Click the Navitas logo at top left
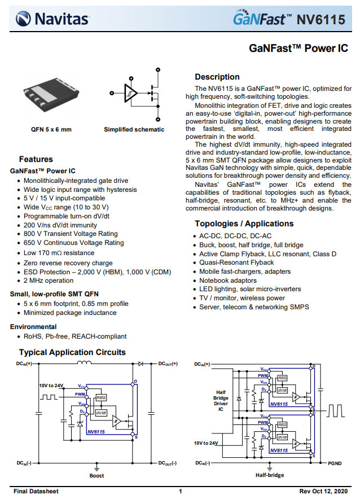(x=52, y=19)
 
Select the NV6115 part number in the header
(x=321, y=20)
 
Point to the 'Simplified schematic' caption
(x=134, y=129)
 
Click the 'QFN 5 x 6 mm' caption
(x=51, y=129)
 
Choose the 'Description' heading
(x=217, y=77)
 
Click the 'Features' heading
(x=36, y=159)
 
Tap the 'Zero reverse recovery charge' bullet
(x=68, y=263)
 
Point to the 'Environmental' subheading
(x=33, y=327)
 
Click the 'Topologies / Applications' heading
(x=244, y=224)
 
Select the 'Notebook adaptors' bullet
(x=227, y=280)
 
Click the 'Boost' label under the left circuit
(x=96, y=475)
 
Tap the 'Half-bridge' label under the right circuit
(x=269, y=475)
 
